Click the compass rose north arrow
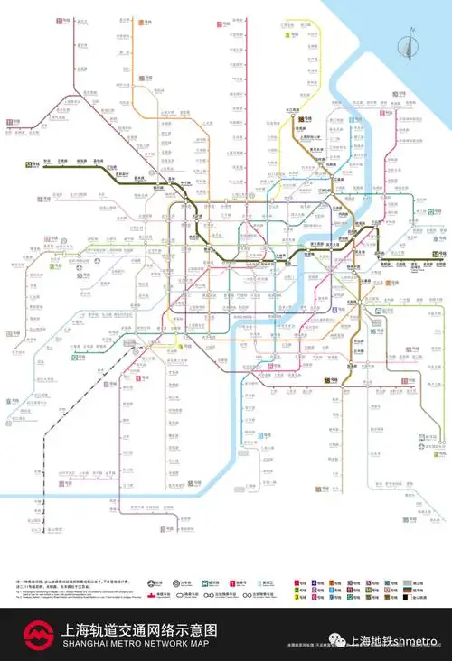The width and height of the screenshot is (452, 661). coord(410,41)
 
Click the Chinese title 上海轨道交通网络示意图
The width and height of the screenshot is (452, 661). coord(139,629)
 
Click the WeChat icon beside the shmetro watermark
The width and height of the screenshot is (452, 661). coord(336,639)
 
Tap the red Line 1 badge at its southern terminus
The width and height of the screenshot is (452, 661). coord(140,377)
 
